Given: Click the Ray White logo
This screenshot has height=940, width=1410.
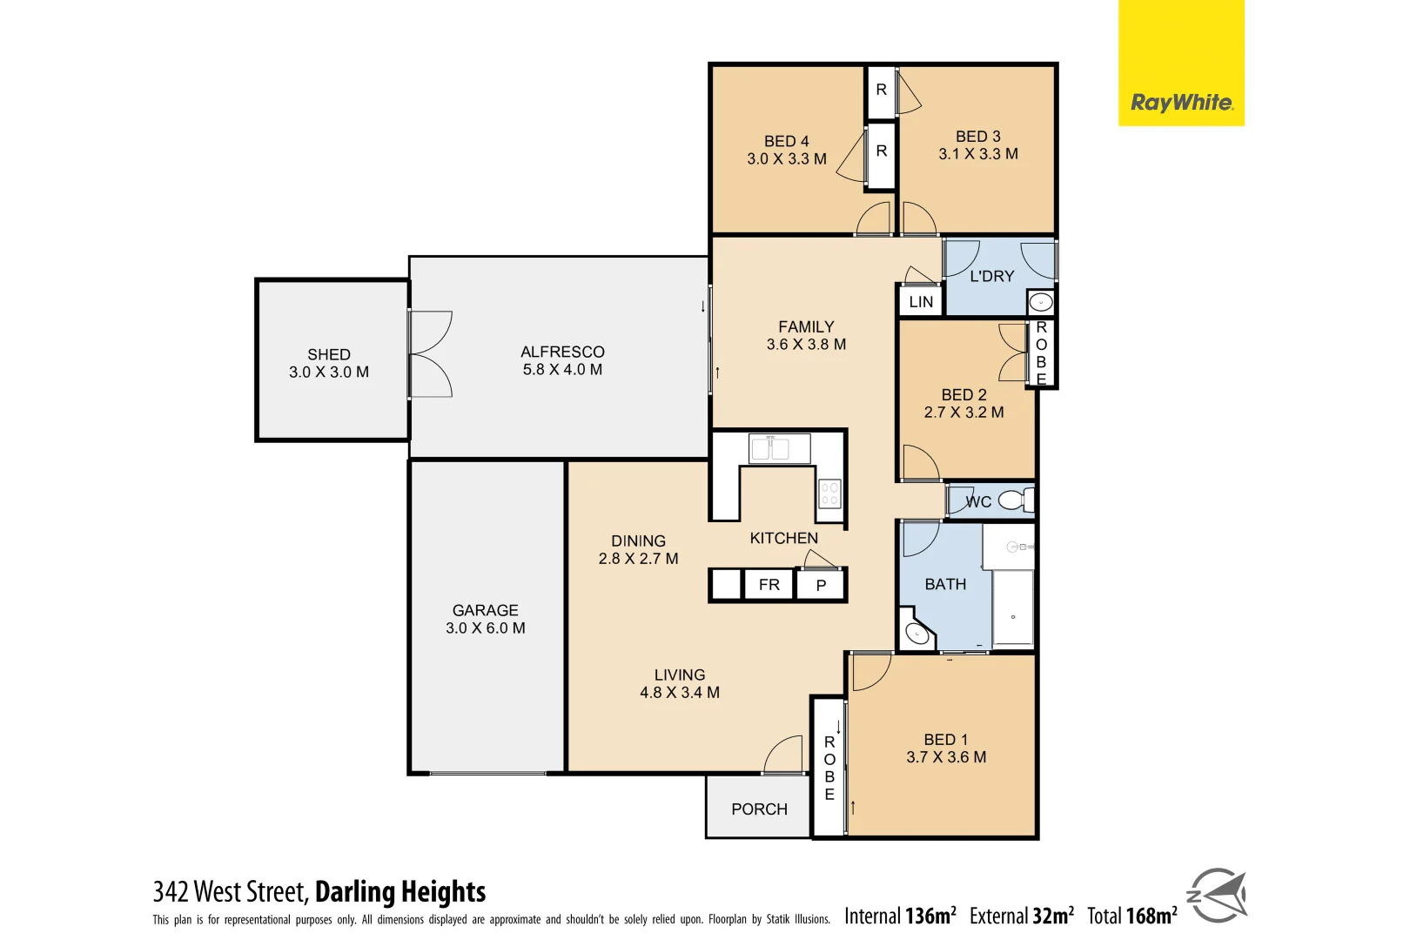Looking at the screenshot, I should [x=1180, y=102].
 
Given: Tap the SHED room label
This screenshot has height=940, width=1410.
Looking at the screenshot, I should [x=329, y=355].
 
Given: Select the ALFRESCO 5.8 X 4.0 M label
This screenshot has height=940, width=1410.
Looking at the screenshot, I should [x=562, y=360].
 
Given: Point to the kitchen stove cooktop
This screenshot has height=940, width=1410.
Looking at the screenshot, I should [x=829, y=494].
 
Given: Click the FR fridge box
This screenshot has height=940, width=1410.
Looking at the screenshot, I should [x=769, y=585].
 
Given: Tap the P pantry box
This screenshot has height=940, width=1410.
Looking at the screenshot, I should [x=821, y=586].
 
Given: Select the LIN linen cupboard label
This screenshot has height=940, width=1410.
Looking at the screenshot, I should [x=921, y=302].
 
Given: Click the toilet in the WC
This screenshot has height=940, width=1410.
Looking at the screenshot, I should [x=1014, y=500].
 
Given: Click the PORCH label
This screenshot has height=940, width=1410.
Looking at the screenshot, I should [x=759, y=809].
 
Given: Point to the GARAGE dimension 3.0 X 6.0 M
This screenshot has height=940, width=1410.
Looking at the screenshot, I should [x=486, y=628].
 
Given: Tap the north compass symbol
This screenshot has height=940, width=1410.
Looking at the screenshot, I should [x=1217, y=896].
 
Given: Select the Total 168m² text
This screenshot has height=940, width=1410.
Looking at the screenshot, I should [x=1131, y=916].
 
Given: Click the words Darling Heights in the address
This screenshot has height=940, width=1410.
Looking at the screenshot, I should [x=400, y=892].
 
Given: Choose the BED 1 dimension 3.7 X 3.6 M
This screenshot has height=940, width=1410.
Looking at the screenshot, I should [x=946, y=757].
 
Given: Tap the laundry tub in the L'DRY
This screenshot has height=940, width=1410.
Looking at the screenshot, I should [x=1041, y=303].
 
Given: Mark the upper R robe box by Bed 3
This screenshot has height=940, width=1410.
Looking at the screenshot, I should [x=881, y=90].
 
